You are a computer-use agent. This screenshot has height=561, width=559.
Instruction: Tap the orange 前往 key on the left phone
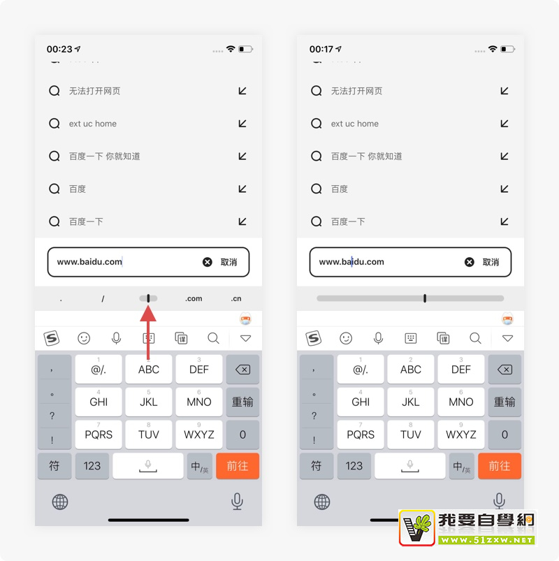point(238,466)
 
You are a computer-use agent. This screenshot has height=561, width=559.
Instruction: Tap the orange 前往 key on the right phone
point(500,466)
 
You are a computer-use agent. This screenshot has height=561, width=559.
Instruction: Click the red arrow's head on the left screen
point(148,313)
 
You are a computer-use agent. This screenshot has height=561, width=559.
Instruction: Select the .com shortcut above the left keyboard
point(194,298)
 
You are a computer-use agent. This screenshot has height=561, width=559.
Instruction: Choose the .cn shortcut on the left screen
point(236,298)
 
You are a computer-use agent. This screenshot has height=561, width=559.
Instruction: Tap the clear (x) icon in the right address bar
point(469,262)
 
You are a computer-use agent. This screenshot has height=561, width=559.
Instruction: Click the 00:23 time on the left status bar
point(59,49)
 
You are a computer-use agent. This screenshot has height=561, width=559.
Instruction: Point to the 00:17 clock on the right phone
point(321,49)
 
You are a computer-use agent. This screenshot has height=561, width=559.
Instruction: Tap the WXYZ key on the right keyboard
point(461,435)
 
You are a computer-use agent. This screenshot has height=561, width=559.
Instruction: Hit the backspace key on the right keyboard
point(504,370)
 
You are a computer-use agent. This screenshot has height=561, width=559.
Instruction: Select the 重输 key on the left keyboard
point(242,402)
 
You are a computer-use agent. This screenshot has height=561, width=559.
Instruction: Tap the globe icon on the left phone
point(60,502)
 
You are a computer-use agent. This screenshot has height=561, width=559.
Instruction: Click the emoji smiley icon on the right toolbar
point(346,338)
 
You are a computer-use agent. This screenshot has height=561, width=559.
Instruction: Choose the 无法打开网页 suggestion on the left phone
point(94,91)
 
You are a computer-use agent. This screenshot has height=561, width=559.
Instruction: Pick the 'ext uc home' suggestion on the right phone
point(355,124)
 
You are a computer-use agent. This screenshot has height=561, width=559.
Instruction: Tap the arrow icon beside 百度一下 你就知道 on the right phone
point(504,156)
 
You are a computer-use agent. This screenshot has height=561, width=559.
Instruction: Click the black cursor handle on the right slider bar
point(425,298)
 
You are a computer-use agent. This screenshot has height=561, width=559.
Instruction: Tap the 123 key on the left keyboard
point(92,466)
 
